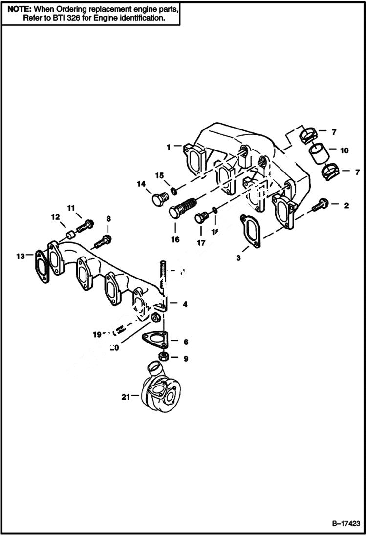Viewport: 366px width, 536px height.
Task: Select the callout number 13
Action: (20, 255)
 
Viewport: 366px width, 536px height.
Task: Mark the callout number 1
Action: (168, 146)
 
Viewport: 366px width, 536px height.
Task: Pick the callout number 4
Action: (185, 304)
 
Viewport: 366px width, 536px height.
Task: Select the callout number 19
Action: (97, 334)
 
